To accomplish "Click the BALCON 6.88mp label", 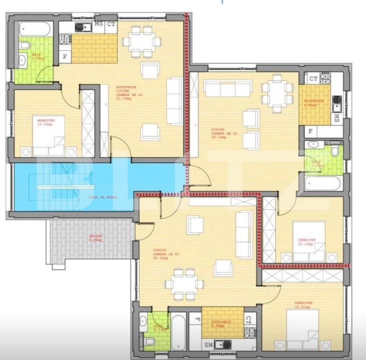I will (x=95, y=237).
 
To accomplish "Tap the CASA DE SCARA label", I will (x=103, y=197).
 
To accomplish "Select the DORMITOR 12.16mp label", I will (x=43, y=121).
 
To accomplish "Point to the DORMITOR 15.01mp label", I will (x=303, y=304).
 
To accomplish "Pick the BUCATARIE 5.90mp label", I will (x=314, y=103).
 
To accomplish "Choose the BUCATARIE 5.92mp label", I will (x=220, y=323).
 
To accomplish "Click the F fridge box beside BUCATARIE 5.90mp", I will (x=310, y=131).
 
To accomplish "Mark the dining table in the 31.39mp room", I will (x=141, y=41).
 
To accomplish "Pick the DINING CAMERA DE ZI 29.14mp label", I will (x=218, y=133).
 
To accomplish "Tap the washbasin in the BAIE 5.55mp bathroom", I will (x=22, y=61).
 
